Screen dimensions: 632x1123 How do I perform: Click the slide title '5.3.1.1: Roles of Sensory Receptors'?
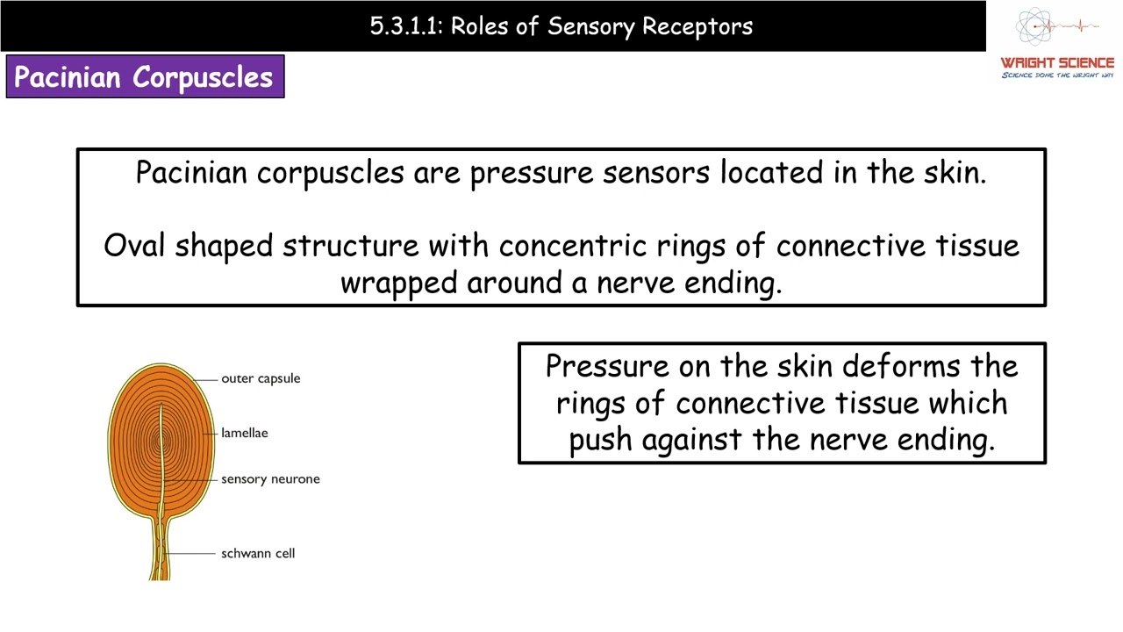(x=561, y=26)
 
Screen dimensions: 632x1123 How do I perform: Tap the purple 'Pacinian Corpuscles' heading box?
(x=145, y=77)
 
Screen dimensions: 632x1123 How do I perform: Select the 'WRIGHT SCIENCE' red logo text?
(x=1057, y=63)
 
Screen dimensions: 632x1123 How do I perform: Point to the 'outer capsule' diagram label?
(x=261, y=378)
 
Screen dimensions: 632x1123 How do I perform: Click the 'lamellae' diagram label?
(x=245, y=433)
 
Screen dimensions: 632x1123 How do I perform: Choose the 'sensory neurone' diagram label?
(x=270, y=479)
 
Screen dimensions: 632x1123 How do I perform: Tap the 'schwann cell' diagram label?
(x=258, y=553)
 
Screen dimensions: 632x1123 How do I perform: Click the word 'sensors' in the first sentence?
(x=656, y=173)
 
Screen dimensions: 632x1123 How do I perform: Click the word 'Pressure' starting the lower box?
(x=607, y=365)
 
